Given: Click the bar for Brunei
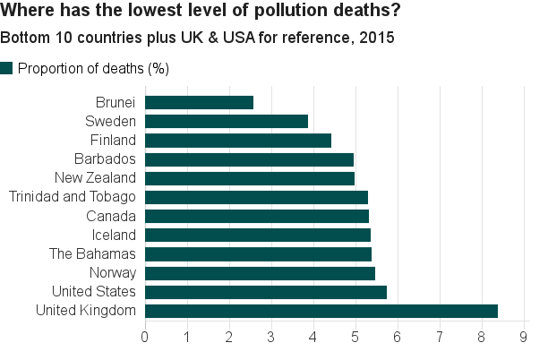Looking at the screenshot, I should pyautogui.click(x=199, y=102).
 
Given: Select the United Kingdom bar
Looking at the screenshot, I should pyautogui.click(x=321, y=311).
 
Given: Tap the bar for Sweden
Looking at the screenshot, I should pyautogui.click(x=226, y=121).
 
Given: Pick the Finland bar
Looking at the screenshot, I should pyautogui.click(x=237, y=140).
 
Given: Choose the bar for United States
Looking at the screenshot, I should pyautogui.click(x=265, y=292).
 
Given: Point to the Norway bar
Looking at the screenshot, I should pyautogui.click(x=260, y=273).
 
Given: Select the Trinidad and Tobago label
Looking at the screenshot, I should pyautogui.click(x=72, y=197).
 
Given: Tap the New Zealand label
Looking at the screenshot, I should pyautogui.click(x=95, y=178).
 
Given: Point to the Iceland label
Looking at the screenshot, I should pyautogui.click(x=114, y=235).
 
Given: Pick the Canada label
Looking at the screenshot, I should pyautogui.click(x=111, y=216).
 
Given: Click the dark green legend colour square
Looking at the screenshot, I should pyautogui.click(x=7, y=68).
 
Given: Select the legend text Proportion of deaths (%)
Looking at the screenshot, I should pyautogui.click(x=94, y=69).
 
